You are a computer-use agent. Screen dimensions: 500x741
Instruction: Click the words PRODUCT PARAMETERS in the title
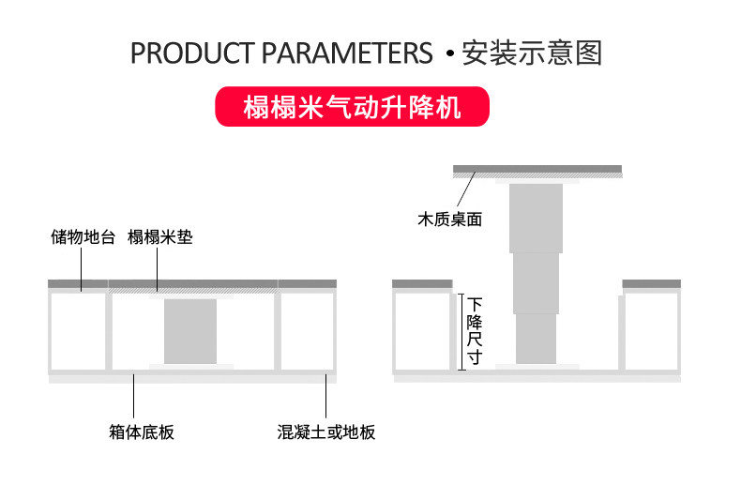click(x=280, y=53)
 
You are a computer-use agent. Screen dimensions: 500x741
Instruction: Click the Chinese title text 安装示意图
click(x=532, y=53)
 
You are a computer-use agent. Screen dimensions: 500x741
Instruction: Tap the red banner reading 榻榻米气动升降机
click(x=353, y=107)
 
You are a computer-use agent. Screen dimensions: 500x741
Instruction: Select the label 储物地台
click(x=83, y=237)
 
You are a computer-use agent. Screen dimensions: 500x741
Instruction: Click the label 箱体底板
click(x=142, y=432)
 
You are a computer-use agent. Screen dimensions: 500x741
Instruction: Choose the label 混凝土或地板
click(x=326, y=432)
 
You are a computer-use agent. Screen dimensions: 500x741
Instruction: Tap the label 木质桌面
click(x=449, y=220)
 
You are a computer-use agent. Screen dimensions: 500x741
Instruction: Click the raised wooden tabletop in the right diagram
click(x=537, y=170)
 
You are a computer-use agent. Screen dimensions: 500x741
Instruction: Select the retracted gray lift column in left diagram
click(x=190, y=330)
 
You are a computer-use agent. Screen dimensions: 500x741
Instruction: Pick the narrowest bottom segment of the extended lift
click(x=536, y=338)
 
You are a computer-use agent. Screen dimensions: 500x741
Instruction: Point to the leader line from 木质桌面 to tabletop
click(x=466, y=191)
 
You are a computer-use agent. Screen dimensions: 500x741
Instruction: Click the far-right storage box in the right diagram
click(x=651, y=330)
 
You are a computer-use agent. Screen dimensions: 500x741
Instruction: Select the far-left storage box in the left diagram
click(x=79, y=330)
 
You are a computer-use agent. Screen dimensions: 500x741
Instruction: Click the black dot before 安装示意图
click(x=449, y=54)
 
